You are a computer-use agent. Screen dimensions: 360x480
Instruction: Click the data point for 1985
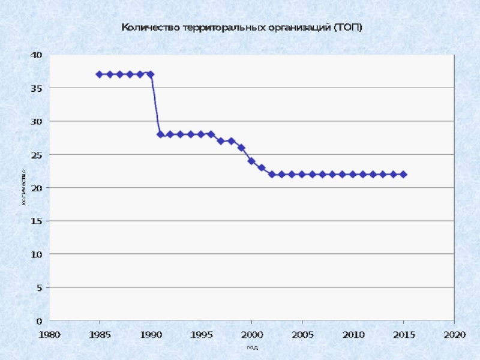point(100,74)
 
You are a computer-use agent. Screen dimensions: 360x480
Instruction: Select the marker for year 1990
point(150,74)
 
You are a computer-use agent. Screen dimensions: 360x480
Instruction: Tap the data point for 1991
point(160,134)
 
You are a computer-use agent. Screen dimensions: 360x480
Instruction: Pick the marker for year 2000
point(251,161)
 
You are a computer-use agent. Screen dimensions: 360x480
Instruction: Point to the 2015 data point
point(403,175)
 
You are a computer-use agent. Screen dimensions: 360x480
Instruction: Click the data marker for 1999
point(241,148)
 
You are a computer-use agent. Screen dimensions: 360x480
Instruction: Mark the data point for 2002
point(272,175)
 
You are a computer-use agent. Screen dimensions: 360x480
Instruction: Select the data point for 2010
point(353,175)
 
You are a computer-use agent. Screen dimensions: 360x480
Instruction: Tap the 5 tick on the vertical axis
point(39,288)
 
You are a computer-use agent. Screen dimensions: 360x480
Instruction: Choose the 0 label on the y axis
point(39,321)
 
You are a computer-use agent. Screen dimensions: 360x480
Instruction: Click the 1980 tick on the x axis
point(49,334)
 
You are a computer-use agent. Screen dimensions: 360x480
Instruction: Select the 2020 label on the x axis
point(454,334)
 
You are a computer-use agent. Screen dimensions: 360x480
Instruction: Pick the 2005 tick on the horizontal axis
point(302,334)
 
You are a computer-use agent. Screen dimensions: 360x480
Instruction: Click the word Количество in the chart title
point(146,28)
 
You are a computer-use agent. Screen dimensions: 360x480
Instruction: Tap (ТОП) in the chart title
point(348,28)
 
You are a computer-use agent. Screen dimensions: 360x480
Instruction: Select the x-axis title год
point(252,347)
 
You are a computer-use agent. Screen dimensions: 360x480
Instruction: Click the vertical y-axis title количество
point(23,187)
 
